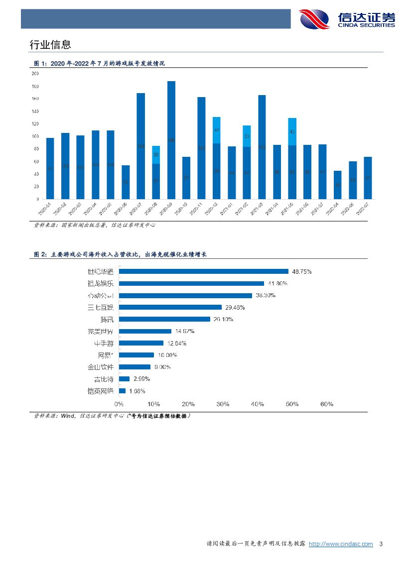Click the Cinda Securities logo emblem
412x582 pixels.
coord(314,19)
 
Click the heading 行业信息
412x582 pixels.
coord(50,44)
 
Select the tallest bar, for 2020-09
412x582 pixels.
coord(171,140)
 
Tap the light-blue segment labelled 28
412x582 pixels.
coord(156,155)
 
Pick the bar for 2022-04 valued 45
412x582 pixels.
coord(337,185)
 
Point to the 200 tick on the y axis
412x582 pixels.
coord(35,74)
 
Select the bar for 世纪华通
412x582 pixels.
coord(204,271)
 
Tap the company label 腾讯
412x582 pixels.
coord(107,319)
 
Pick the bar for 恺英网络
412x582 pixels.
coord(123,391)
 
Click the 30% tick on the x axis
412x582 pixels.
coord(223,404)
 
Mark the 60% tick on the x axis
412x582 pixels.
coord(327,404)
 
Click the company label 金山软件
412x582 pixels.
coord(100,367)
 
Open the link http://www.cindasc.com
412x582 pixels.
coord(341,544)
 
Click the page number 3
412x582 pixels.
coord(381,544)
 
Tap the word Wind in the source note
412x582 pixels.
coord(67,416)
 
